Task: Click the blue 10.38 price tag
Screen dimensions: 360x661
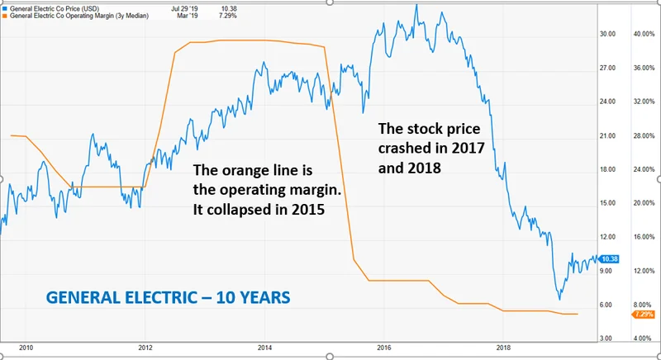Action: click(x=610, y=259)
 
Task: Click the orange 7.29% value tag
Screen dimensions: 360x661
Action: click(x=642, y=315)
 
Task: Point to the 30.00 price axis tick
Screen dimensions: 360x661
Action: click(x=607, y=34)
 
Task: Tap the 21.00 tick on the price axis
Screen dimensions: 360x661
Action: click(x=607, y=135)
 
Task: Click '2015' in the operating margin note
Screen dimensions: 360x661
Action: click(x=306, y=210)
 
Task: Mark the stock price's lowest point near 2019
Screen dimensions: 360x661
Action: click(x=559, y=299)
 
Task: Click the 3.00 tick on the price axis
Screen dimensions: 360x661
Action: click(x=607, y=339)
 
